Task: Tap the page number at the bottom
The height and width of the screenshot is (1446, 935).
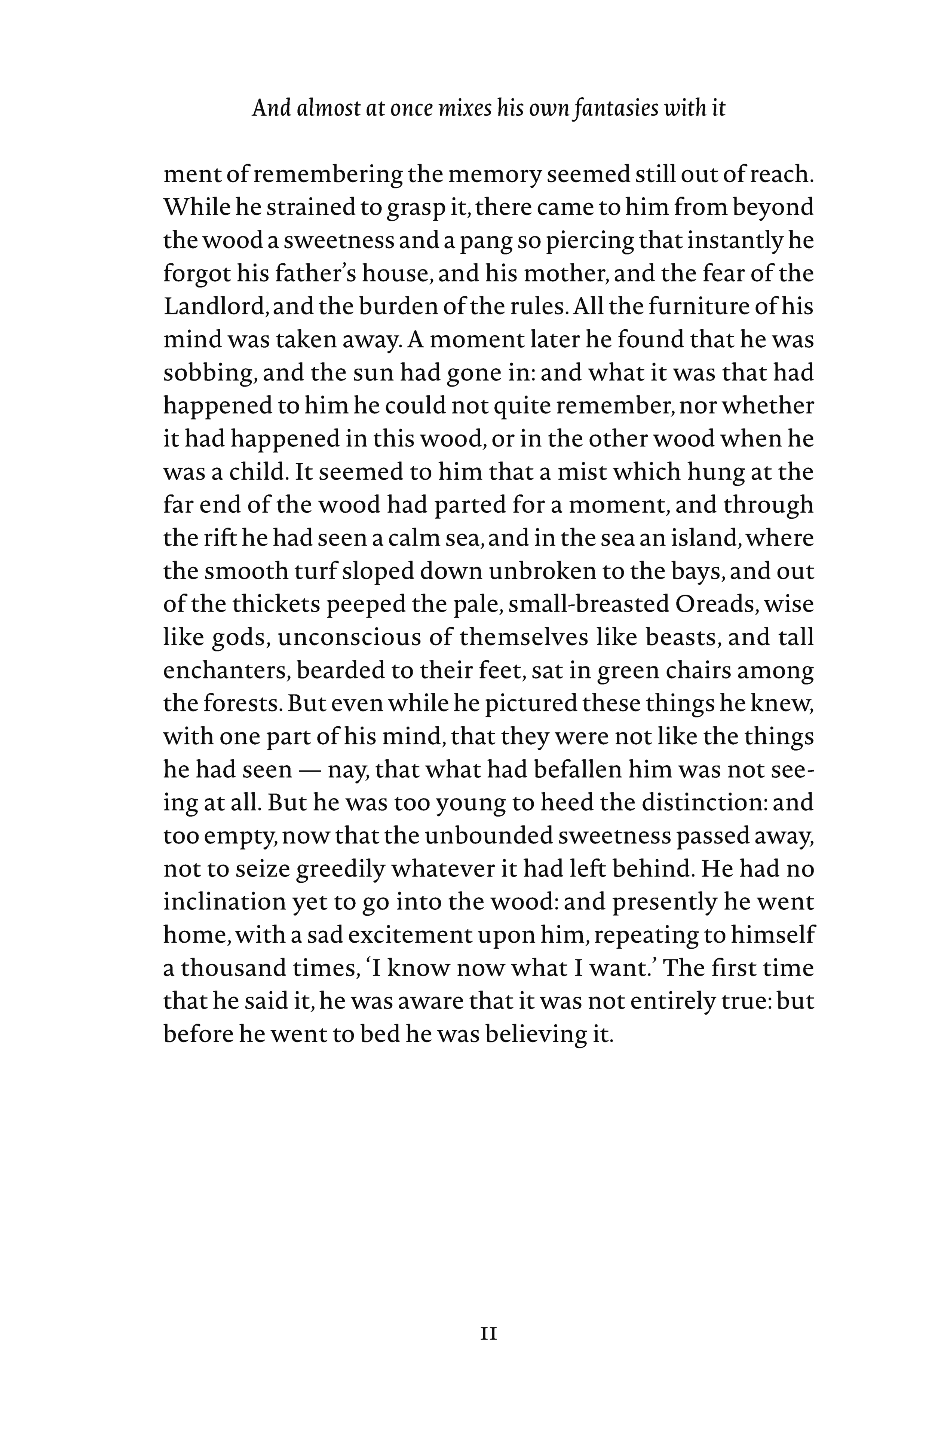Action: (489, 1334)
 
